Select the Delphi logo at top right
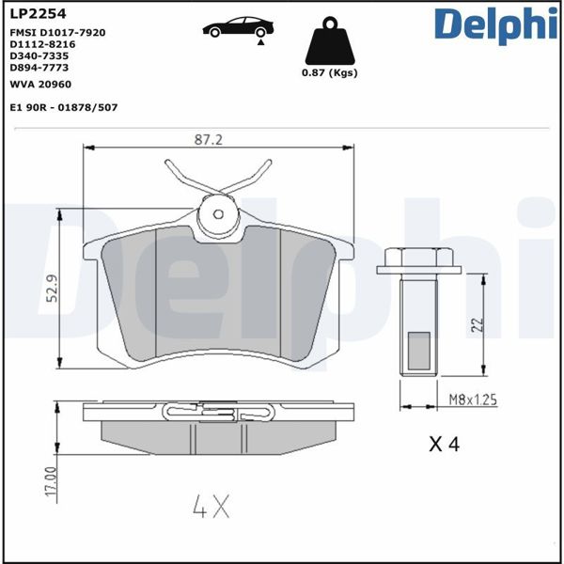coord(490,24)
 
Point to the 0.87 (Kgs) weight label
coord(329,73)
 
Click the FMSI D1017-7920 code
coord(57,32)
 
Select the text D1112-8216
coord(42,44)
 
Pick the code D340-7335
coord(39,55)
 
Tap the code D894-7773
coord(39,68)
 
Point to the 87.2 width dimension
coord(209,139)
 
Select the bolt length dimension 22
coord(477,325)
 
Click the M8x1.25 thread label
coord(471,399)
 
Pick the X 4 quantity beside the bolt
coord(443,445)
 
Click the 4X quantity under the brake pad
coord(211,509)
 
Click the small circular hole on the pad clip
coord(219,213)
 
